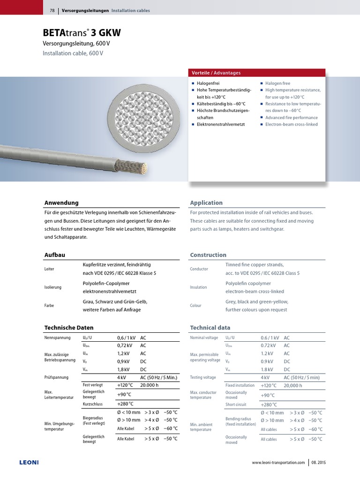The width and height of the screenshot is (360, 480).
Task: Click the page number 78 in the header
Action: tap(52, 10)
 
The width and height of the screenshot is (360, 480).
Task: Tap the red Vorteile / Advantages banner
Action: tap(256, 73)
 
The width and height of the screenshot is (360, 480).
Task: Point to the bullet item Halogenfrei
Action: tap(209, 83)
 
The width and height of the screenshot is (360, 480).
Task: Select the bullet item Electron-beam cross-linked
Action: tap(291, 124)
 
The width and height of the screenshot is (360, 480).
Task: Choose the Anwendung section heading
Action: tap(61, 202)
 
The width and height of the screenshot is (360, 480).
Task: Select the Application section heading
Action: tap(206, 202)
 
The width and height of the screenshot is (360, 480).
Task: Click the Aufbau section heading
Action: tap(54, 255)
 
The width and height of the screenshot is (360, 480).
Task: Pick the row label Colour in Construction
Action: tap(196, 306)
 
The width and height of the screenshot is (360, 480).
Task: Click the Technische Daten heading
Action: tap(69, 328)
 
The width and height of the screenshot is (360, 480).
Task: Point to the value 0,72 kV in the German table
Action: tap(124, 345)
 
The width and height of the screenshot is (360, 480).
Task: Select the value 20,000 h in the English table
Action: tap(293, 385)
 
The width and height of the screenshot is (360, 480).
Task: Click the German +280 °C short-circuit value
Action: tap(125, 404)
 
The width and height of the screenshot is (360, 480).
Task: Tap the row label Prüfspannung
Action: tap(56, 377)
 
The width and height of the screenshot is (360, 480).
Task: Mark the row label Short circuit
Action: tap(236, 405)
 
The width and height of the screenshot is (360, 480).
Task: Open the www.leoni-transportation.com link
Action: tap(278, 463)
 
